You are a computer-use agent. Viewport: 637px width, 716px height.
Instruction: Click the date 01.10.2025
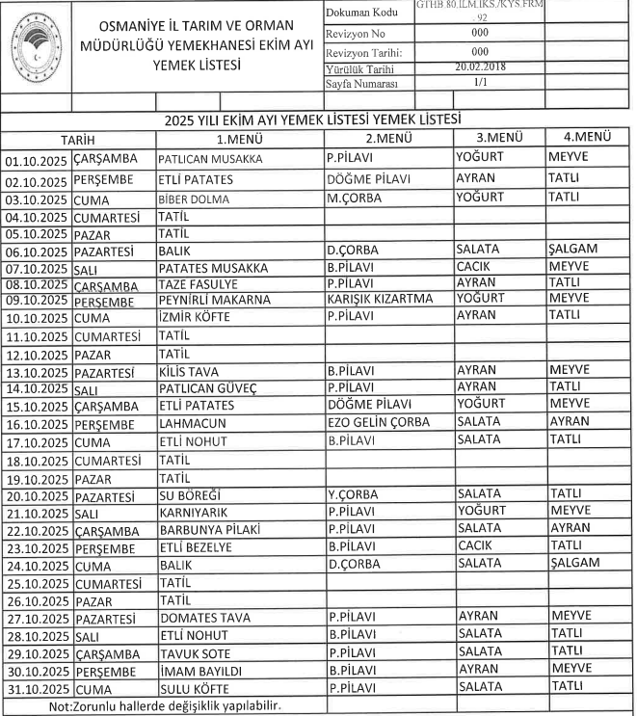[x=37, y=159]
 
